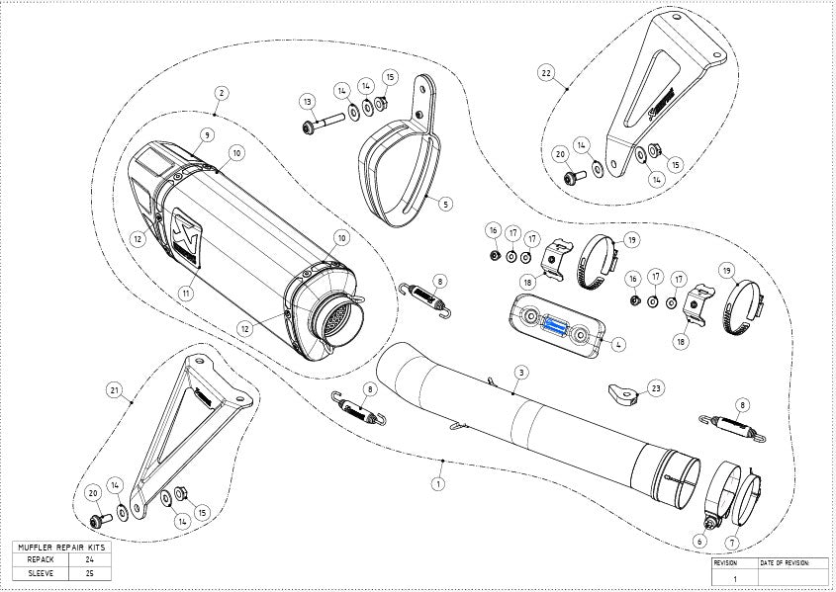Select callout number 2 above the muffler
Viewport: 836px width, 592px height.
point(221,92)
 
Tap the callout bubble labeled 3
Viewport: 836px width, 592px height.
point(518,372)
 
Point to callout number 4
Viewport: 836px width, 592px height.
point(617,345)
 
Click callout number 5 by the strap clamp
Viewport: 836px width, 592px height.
point(445,204)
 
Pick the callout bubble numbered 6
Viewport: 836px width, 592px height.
point(700,541)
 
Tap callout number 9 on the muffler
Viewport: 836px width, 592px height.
point(207,134)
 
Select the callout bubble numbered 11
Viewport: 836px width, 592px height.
point(185,292)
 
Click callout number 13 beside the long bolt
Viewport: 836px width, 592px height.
point(308,102)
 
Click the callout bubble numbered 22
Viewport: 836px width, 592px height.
point(545,72)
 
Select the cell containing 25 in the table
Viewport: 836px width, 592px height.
point(89,572)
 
